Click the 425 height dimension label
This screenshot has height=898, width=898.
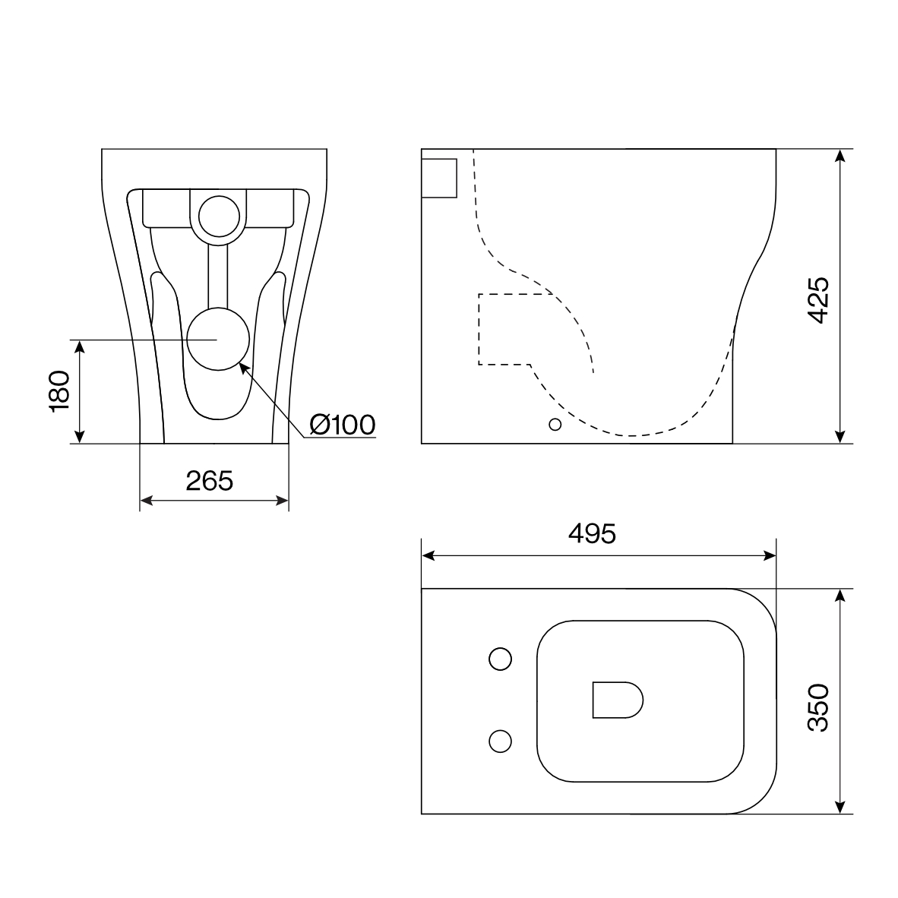817,300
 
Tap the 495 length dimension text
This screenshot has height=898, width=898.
592,534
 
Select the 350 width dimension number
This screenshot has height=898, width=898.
817,707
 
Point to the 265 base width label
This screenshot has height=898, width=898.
210,481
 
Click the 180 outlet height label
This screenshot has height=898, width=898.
59,391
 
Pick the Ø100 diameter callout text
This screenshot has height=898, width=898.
343,425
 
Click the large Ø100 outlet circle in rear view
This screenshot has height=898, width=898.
218,339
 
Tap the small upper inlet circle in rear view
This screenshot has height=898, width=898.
219,217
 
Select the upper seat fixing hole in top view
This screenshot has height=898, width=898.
500,659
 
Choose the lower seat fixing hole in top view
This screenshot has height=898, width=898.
500,741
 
